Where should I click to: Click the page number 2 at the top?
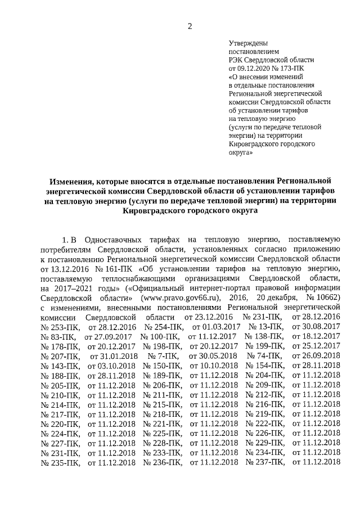[190, 26]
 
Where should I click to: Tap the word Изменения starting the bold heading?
[71, 182]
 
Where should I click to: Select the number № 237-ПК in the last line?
[265, 462]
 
